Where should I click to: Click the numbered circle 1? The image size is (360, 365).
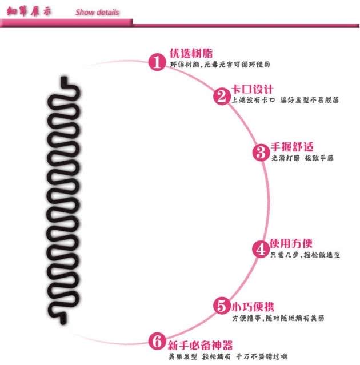158,62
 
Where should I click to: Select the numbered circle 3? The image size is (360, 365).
261,153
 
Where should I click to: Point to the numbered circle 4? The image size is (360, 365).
261,249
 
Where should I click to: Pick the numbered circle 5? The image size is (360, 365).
222,306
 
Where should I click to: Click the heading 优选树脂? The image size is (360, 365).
191,53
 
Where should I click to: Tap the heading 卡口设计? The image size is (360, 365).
253,89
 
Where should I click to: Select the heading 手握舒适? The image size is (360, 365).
291,147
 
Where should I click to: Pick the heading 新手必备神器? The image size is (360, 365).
200,345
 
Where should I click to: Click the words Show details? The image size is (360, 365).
97,12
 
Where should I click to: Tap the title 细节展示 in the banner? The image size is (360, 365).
29,12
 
